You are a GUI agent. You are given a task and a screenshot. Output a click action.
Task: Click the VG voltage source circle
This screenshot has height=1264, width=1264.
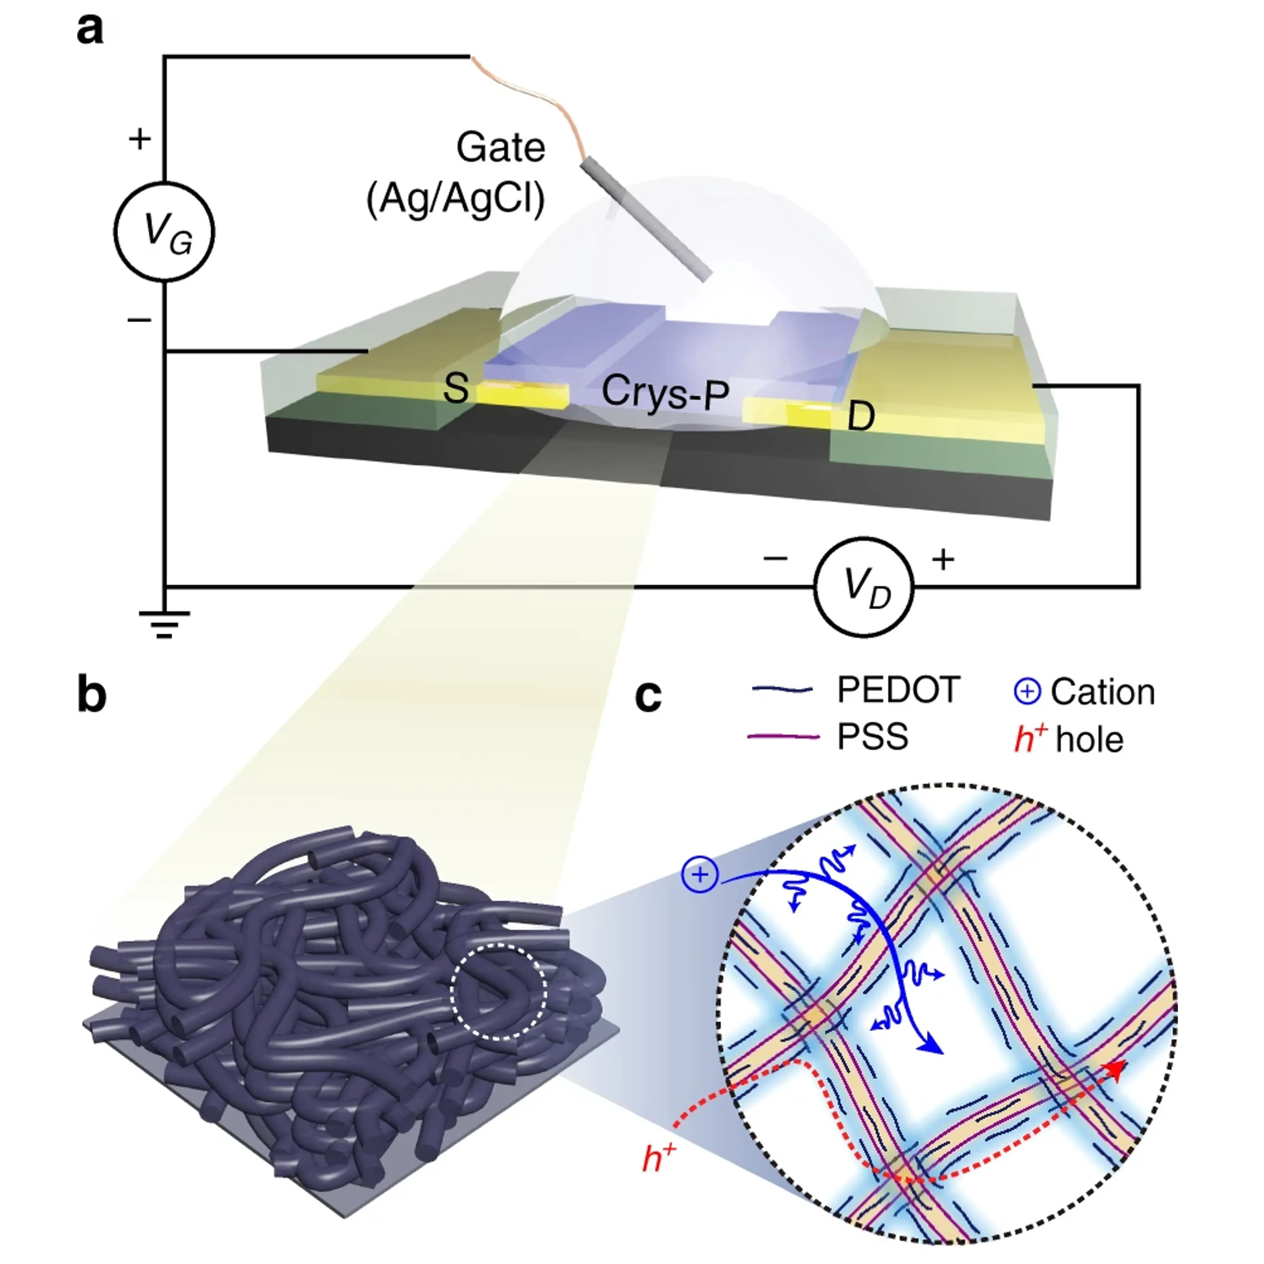click(164, 231)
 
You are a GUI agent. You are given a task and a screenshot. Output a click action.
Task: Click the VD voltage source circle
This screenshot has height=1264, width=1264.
click(863, 587)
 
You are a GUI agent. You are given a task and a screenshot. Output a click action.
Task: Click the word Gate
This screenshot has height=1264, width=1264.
click(500, 148)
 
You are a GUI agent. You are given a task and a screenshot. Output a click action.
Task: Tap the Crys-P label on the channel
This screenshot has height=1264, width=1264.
click(665, 393)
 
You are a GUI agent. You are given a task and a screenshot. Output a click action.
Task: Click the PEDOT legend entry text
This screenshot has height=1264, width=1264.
click(898, 690)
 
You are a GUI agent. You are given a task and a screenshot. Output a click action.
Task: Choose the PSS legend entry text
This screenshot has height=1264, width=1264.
click(873, 737)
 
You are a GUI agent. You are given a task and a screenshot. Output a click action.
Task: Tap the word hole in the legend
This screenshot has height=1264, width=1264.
click(1089, 740)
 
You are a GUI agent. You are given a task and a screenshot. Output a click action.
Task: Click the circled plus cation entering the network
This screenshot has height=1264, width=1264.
click(700, 875)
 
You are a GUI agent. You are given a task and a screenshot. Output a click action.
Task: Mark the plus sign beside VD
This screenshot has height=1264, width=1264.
click(943, 559)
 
